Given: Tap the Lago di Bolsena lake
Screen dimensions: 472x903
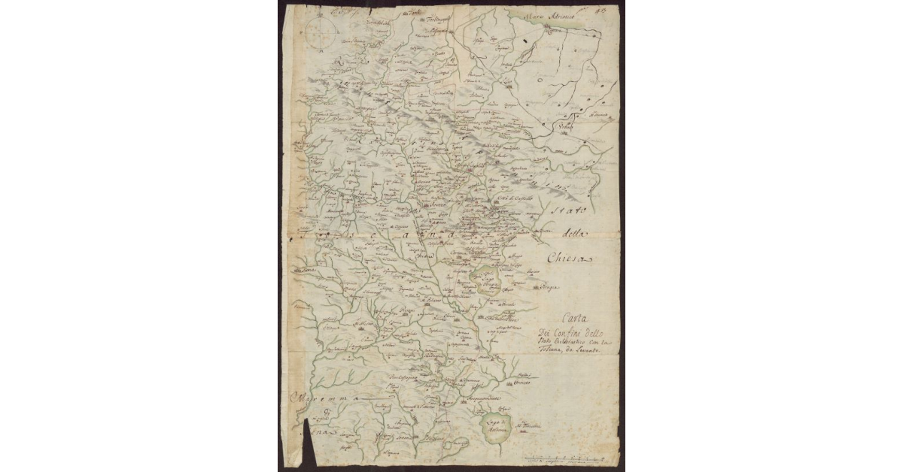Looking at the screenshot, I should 497,428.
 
